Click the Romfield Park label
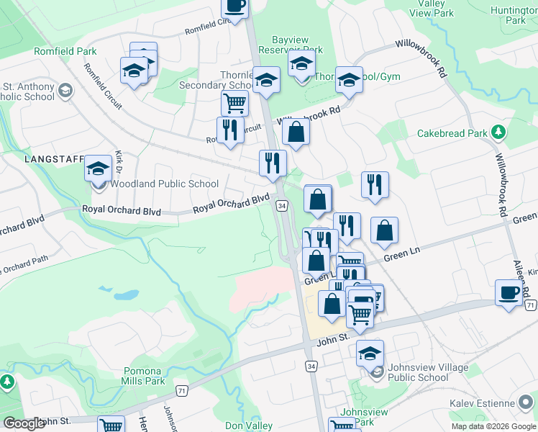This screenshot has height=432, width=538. (x=65, y=52)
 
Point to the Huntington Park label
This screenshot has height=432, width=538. (x=514, y=16)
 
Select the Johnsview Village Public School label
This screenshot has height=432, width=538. (x=418, y=372)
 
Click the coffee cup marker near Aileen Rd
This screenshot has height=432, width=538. (x=509, y=293)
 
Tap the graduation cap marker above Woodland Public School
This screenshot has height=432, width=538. (x=99, y=169)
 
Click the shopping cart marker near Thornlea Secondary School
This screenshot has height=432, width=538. (x=234, y=103)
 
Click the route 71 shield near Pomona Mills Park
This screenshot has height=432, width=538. (x=182, y=390)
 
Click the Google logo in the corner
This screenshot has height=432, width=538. (x=24, y=423)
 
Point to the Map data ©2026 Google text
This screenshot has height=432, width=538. (x=493, y=426)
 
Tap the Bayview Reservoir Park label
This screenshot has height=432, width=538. (x=297, y=45)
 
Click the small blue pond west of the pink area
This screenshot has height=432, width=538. (x=125, y=294)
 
